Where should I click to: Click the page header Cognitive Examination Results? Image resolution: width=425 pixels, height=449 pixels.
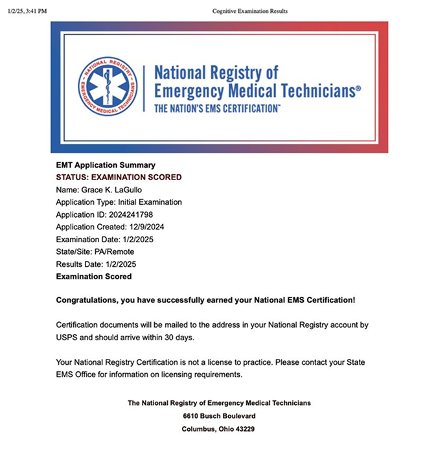point(249,10)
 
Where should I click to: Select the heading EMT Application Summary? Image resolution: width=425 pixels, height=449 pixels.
point(106,165)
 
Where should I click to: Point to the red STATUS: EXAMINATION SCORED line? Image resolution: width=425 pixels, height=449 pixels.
point(119,177)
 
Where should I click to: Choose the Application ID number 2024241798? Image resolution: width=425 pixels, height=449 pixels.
point(132,214)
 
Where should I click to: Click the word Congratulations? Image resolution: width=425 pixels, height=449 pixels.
point(86,301)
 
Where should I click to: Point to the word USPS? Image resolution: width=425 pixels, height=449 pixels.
point(67,338)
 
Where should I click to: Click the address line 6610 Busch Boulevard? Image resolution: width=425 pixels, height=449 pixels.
point(219,415)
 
